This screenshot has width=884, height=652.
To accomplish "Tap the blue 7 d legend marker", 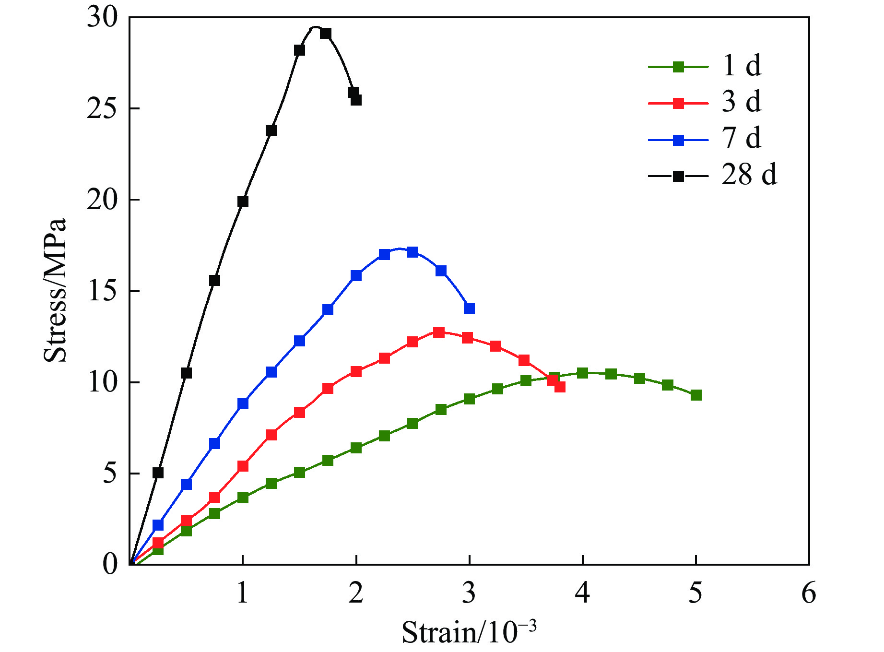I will click(x=678, y=140).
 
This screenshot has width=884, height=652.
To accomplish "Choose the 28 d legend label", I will click(x=749, y=175).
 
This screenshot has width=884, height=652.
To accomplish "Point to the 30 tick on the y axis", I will click(x=102, y=18).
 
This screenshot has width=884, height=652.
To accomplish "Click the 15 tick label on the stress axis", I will click(x=102, y=291).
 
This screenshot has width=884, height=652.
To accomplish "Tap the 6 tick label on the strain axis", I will click(x=809, y=593).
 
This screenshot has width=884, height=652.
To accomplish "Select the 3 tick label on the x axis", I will click(x=469, y=593).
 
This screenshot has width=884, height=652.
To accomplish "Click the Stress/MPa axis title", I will click(x=55, y=290).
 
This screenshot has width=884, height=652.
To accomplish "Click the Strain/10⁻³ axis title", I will click(x=469, y=632).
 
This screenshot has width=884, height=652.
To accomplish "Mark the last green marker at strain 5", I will click(x=696, y=395).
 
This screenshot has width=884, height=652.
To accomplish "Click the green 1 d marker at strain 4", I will click(x=582, y=373).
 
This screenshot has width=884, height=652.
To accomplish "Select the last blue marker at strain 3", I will click(x=469, y=308).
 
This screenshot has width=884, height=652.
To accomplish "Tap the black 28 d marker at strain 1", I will click(x=243, y=202).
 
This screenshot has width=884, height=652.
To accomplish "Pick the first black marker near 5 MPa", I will click(x=158, y=473).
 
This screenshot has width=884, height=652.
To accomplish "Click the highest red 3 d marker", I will click(x=438, y=332).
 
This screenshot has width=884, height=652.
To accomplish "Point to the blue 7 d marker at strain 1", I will click(x=243, y=403).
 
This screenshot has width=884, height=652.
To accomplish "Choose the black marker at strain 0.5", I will click(x=186, y=373).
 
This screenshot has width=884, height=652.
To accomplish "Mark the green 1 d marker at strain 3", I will click(x=469, y=399).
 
